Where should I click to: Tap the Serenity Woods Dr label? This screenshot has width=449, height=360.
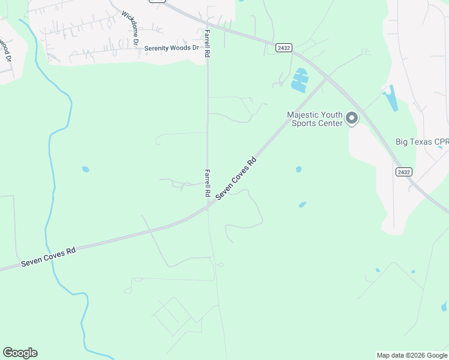171,47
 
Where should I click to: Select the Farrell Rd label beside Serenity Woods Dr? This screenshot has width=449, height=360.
207,43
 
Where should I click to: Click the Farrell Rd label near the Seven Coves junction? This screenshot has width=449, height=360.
207,183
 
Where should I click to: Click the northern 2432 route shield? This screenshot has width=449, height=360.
284,47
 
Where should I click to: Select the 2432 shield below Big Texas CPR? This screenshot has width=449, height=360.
403,172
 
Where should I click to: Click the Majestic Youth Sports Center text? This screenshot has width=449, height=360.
315,119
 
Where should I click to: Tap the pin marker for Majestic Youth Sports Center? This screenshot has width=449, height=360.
352,118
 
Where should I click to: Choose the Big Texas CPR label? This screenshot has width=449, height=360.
422,142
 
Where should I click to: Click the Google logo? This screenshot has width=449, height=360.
20,353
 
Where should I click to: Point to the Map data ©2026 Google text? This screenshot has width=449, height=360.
411,355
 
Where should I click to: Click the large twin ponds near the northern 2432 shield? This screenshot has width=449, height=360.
299,80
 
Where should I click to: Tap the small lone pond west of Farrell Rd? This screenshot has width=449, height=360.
85,169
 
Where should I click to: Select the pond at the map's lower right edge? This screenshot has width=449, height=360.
444,307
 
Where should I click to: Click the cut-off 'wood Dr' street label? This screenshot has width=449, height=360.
6,50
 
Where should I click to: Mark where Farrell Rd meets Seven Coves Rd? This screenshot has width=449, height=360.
208,207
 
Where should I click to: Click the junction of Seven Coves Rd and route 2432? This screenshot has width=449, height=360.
326,77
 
